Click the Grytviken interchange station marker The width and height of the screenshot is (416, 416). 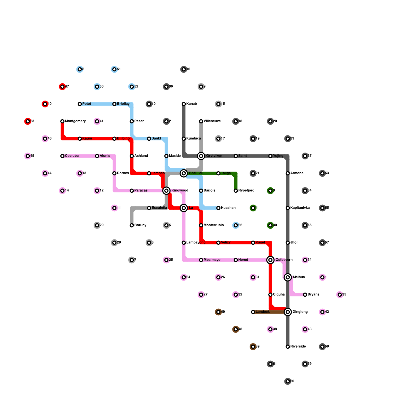click(x=201, y=156)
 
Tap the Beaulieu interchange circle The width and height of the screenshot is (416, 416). click(x=184, y=173)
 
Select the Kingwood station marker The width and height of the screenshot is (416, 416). click(x=166, y=191)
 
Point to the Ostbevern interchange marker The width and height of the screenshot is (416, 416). click(x=270, y=260)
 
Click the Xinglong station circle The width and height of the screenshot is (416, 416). click(x=288, y=312)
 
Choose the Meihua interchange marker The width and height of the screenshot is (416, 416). click(x=288, y=277)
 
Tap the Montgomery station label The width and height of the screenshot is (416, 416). click(x=75, y=121)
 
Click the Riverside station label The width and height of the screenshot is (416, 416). click(x=298, y=346)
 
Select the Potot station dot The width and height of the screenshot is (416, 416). click(x=80, y=104)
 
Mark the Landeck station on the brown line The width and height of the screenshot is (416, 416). click(x=253, y=312)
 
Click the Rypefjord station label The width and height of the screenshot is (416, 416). click(x=246, y=191)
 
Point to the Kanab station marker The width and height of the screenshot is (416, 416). click(x=184, y=104)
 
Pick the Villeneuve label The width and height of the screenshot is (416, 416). click(x=212, y=121)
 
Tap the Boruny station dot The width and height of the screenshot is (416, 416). click(x=132, y=225)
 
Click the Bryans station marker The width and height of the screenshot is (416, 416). click(x=305, y=295)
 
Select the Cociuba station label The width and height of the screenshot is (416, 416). click(x=71, y=156)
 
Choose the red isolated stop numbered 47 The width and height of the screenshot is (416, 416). click(x=62, y=87)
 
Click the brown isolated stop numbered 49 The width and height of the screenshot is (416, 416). click(x=218, y=312)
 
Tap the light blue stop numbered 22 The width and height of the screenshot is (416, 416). click(x=236, y=225)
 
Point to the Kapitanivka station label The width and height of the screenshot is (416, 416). click(x=300, y=208)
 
